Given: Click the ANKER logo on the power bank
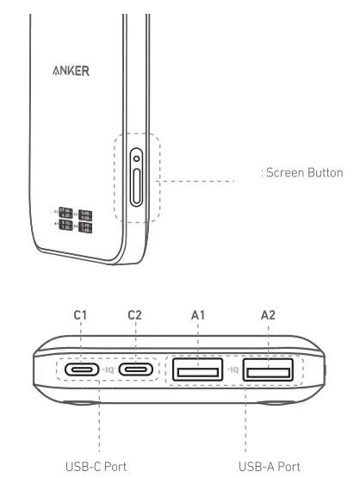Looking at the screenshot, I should [68, 71].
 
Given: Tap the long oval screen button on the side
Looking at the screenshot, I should [138, 188].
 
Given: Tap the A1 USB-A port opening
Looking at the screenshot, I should [197, 372].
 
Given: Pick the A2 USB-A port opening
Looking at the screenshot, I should [267, 372].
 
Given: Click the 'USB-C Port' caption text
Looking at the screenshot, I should [96, 466].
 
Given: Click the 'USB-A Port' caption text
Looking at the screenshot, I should [270, 466].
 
